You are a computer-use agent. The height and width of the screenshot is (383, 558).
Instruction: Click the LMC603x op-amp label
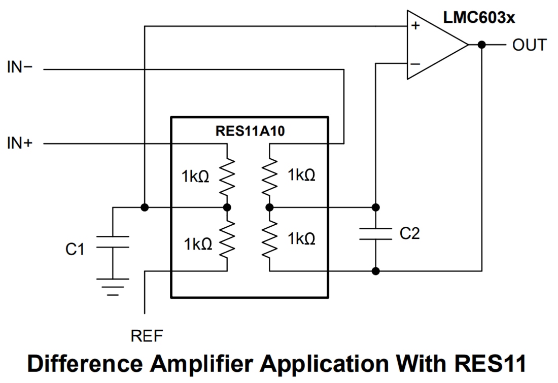[x=479, y=18]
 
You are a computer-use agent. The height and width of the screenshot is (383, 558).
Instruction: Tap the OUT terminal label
[x=529, y=45]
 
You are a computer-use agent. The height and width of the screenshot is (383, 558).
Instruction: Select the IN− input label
[x=20, y=67]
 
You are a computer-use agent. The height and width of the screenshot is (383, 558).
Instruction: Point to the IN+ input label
[x=20, y=144]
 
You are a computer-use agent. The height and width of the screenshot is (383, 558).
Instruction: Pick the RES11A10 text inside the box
[x=250, y=132]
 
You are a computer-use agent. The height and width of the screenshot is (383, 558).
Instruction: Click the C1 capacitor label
[x=75, y=249]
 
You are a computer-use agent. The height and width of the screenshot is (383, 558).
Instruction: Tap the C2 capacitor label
[x=409, y=233]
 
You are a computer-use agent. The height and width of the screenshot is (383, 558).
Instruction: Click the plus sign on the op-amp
[x=415, y=25]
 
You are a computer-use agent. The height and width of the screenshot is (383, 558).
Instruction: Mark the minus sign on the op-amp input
[x=415, y=64]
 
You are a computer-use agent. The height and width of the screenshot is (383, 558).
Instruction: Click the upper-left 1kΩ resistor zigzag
[x=227, y=176]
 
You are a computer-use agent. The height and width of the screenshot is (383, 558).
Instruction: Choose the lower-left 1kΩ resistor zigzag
[x=227, y=239]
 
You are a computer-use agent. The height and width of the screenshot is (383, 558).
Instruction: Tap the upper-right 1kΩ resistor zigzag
[x=269, y=176]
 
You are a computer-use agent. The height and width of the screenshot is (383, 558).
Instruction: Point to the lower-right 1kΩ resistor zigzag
[x=269, y=239]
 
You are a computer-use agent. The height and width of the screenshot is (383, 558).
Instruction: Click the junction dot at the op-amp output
[x=481, y=45]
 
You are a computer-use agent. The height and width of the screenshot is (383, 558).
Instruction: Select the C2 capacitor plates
[x=375, y=234]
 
